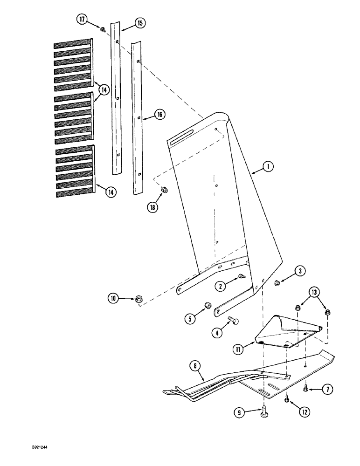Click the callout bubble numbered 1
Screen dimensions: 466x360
coord(268,166)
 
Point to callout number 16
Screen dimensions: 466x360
coord(160,114)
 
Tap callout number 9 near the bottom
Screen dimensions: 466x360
coord(239,412)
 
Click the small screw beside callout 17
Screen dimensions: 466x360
coord(102,29)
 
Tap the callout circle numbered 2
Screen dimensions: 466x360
coord(222,285)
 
